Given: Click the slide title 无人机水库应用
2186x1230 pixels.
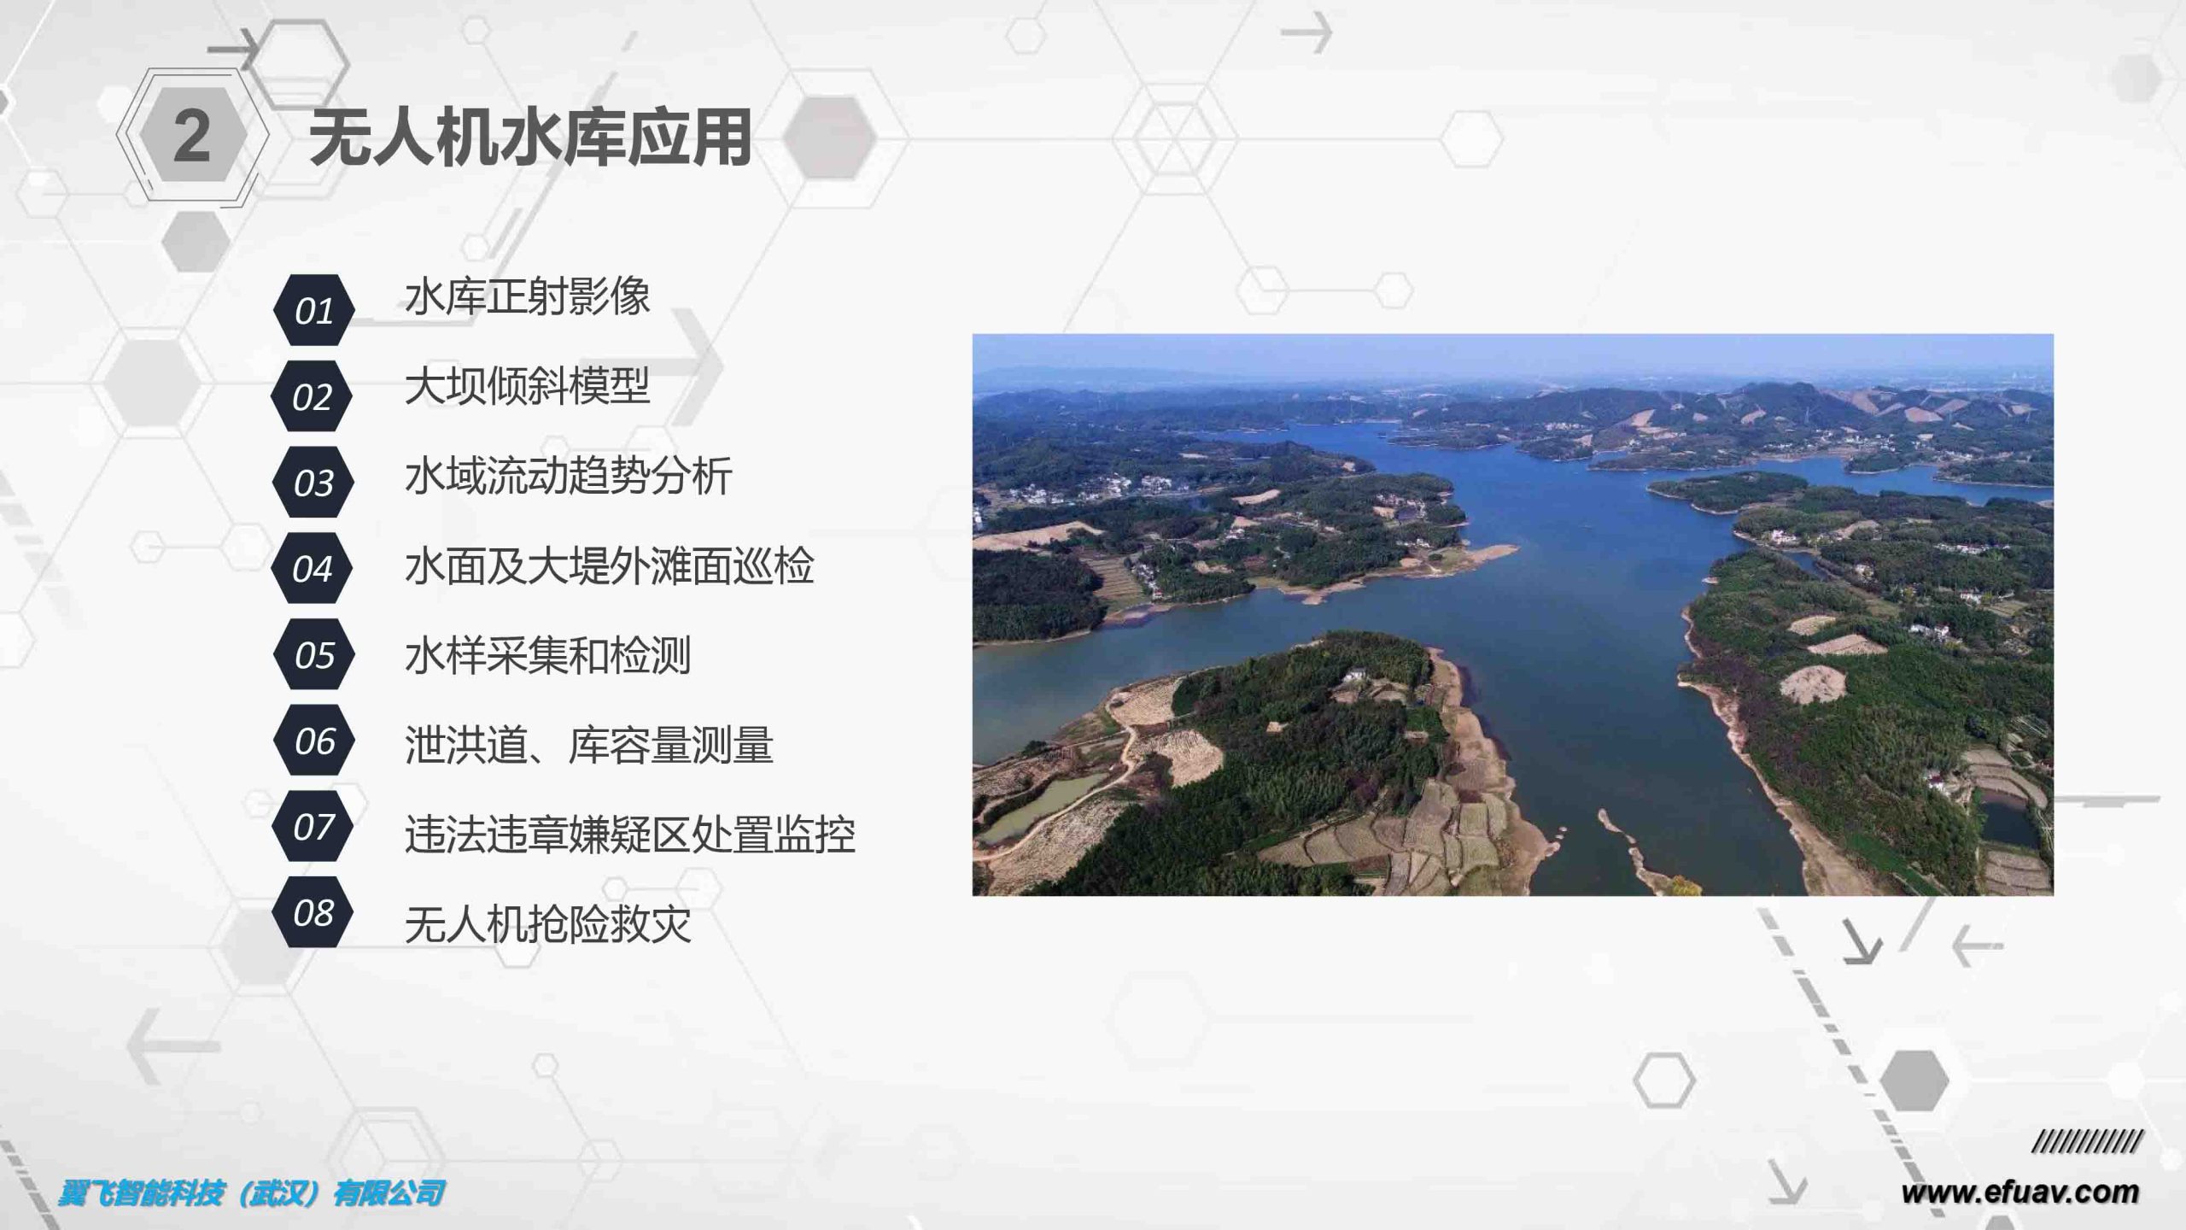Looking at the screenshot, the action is point(530,137).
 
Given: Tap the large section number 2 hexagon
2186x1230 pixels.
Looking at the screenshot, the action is point(192,136).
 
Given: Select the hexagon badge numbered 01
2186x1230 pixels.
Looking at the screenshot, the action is point(313,310).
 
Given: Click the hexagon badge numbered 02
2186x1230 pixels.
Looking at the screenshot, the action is point(312,396).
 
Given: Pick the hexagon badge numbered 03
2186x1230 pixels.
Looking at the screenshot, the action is point(313,483).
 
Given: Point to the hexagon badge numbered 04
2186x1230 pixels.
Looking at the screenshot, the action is point(312,569).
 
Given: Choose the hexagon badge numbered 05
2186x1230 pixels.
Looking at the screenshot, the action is point(313,655).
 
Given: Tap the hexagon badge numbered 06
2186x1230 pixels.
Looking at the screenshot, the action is point(313,741).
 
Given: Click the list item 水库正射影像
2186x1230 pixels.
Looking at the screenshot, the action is point(528,296).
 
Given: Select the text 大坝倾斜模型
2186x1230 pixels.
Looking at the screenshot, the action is point(528,386).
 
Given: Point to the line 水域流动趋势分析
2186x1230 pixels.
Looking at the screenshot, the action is point(569,476).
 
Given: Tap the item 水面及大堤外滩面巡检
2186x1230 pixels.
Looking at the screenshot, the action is point(610,565).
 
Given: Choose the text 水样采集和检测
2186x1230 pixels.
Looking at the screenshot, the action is point(548,655).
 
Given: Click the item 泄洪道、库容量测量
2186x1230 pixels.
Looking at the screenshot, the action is point(589,745).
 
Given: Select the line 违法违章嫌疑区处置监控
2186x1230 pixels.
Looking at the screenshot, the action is point(630,835).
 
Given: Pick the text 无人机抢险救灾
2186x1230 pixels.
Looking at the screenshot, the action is point(548,924).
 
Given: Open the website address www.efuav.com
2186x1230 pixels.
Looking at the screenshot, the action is point(2020,1192).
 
